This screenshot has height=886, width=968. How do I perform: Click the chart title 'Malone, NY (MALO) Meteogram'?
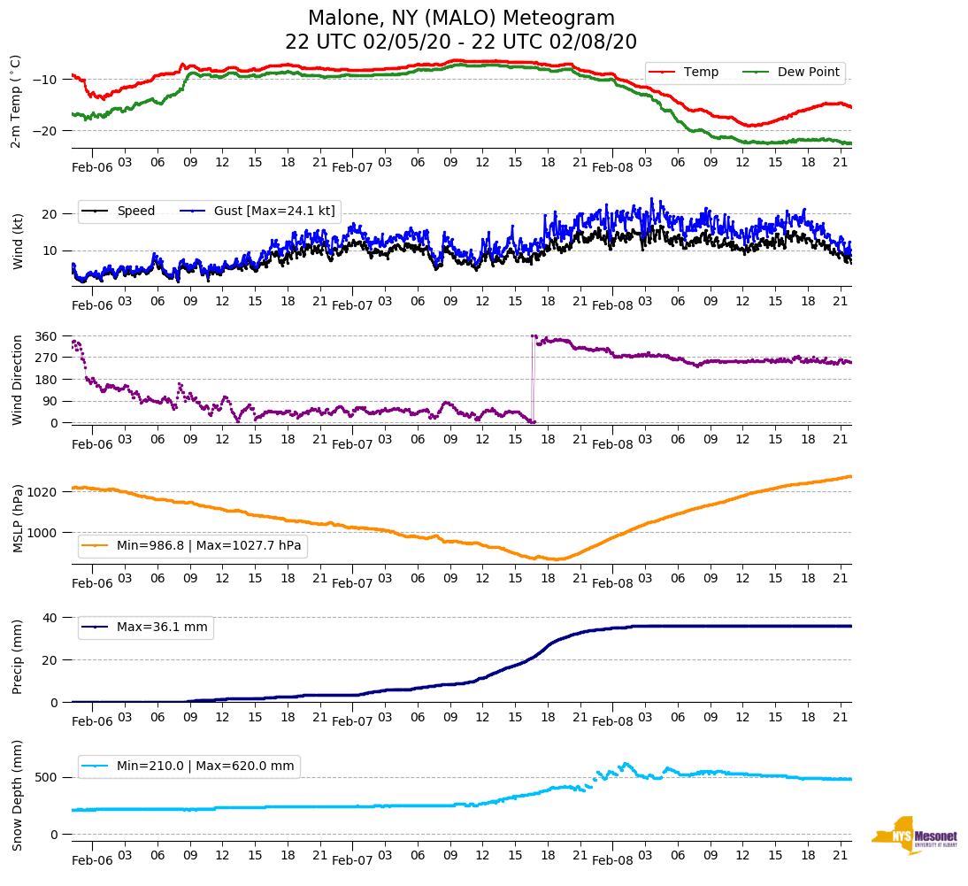[x=461, y=19]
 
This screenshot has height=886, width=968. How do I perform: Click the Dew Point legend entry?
[x=808, y=73]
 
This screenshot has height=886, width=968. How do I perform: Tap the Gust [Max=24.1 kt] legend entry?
[x=261, y=211]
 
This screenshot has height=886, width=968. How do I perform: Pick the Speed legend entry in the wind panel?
[x=135, y=211]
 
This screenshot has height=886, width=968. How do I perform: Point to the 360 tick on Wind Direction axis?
[x=47, y=336]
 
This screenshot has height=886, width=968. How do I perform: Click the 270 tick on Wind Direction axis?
[x=47, y=358]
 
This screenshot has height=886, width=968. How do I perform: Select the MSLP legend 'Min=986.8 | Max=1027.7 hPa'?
[x=209, y=546]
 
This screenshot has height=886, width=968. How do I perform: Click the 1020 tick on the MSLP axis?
[x=43, y=491]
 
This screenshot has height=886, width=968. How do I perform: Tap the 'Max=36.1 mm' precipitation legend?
[x=162, y=628]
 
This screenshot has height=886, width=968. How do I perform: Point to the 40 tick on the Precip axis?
[x=50, y=617]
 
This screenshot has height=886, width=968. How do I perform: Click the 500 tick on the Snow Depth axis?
[x=47, y=777]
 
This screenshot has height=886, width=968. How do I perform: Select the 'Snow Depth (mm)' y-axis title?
[x=18, y=795]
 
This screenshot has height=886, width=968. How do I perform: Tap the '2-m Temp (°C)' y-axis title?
[x=15, y=101]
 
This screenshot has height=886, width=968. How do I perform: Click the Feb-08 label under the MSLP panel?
[x=612, y=584]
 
